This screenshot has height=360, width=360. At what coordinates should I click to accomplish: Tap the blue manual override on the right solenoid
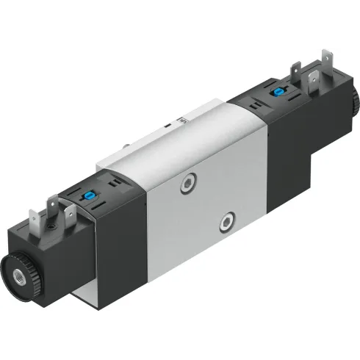click(280, 93)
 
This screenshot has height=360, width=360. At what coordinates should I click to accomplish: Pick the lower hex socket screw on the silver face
click(230, 220)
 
